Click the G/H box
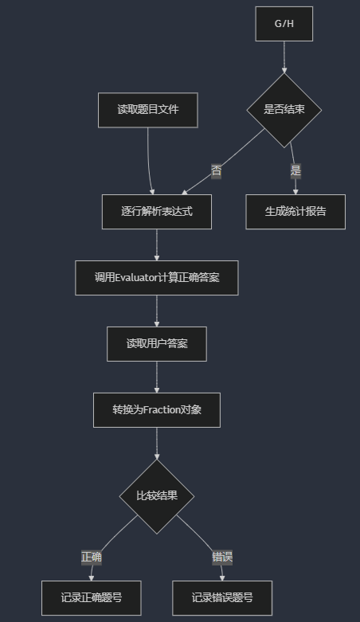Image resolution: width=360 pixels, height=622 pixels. [x=284, y=24]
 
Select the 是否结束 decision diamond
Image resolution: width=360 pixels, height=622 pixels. [x=284, y=110]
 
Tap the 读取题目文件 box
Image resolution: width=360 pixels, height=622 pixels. [x=148, y=110]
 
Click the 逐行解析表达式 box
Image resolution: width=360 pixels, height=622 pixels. [x=157, y=211]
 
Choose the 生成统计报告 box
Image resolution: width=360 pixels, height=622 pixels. [x=295, y=211]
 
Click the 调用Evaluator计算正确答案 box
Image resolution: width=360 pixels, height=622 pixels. [x=157, y=278]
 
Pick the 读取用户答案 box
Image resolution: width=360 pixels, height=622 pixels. [x=157, y=344]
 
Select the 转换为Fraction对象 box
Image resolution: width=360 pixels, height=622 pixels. [x=157, y=410]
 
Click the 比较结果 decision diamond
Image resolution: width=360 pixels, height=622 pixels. [x=157, y=496]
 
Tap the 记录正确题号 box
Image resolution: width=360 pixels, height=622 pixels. [x=92, y=598]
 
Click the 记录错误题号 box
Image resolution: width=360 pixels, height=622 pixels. [x=222, y=598]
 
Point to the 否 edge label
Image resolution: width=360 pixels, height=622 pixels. [x=217, y=171]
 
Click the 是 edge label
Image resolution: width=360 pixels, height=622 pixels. [x=295, y=171]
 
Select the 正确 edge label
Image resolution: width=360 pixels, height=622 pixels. [x=92, y=557]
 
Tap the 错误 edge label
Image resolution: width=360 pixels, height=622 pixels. [x=222, y=557]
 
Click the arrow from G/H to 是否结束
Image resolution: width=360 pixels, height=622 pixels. [x=284, y=57]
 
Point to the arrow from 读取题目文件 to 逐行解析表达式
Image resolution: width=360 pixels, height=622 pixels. [x=149, y=161]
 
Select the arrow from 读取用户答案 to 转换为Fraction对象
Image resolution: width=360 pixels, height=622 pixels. [x=157, y=378]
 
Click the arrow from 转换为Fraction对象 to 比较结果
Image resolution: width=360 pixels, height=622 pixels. [x=157, y=444]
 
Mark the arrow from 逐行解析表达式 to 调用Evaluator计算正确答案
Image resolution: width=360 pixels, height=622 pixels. [x=157, y=245]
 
